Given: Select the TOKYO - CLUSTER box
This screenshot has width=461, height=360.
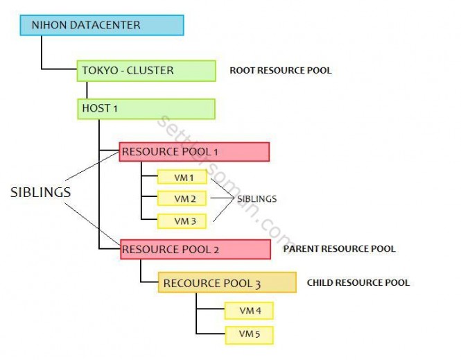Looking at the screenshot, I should click(146, 70).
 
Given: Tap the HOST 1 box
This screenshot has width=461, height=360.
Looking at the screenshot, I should click(146, 109).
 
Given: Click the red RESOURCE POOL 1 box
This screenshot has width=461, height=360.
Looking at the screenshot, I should click(194, 152).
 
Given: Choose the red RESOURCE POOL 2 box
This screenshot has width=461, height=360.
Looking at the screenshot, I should click(195, 249).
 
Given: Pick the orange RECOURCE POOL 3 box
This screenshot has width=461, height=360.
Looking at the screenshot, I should click(227, 283).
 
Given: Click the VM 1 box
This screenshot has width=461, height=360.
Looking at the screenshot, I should click(182, 178).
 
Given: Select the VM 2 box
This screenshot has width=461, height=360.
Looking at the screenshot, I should click(182, 199).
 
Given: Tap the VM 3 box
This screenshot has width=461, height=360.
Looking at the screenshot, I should click(182, 221).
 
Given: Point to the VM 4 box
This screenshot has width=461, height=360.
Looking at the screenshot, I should click(249, 311).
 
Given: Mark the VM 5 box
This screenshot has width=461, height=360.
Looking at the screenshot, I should click(249, 334).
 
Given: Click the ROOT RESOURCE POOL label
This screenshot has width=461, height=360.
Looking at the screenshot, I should click(280, 71).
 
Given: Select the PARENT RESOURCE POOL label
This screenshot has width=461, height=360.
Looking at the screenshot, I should click(339, 249).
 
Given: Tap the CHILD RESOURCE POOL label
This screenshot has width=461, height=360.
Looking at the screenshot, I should click(358, 283).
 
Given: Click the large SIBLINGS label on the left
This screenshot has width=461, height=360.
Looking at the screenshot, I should click(40, 193).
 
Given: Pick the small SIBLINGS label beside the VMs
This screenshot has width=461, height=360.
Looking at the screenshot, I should click(256, 199).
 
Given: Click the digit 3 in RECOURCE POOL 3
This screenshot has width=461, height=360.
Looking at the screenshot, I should click(257, 284).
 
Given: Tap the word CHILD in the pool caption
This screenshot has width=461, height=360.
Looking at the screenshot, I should click(320, 283).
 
